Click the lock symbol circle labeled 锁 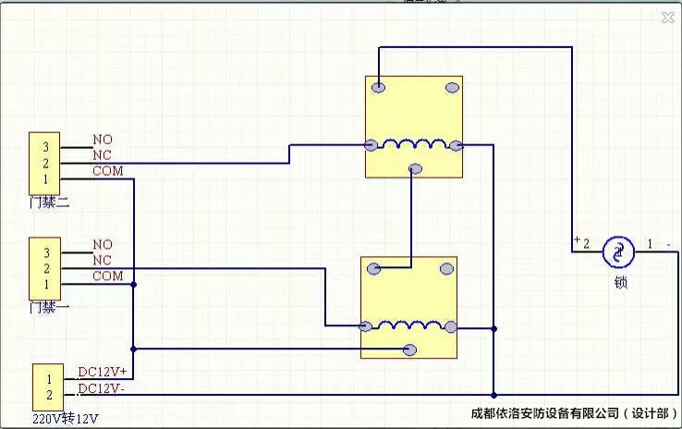pyautogui.click(x=618, y=250)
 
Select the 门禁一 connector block pyautogui.click(x=44, y=267)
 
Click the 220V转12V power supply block pyautogui.click(x=48, y=386)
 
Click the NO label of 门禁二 pyautogui.click(x=103, y=140)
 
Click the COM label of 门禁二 pyautogui.click(x=107, y=171)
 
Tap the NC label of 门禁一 pyautogui.click(x=103, y=261)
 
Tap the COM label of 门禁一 pyautogui.click(x=107, y=276)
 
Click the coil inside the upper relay pyautogui.click(x=413, y=144)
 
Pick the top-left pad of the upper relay pyautogui.click(x=377, y=88)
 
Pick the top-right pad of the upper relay pyautogui.click(x=452, y=88)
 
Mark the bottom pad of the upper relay pyautogui.click(x=415, y=168)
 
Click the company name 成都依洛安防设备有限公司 pyautogui.click(x=543, y=412)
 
